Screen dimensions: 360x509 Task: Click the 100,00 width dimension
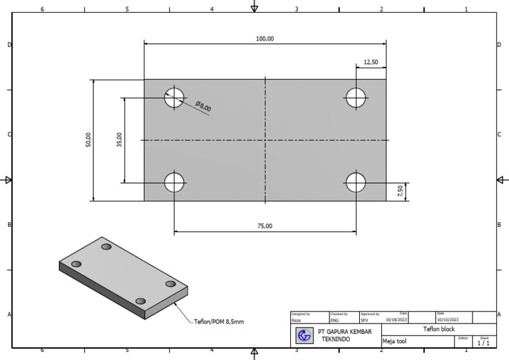[264, 39]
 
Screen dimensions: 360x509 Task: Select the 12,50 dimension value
[370, 62]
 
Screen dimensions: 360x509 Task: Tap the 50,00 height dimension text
[88, 140]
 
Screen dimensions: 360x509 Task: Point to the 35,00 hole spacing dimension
[119, 140]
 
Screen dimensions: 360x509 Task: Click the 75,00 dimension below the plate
[264, 226]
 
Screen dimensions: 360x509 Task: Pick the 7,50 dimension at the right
[400, 192]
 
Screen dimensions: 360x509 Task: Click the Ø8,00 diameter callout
[203, 106]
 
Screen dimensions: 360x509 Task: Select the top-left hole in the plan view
[174, 97]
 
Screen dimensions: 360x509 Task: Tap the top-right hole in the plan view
[356, 97]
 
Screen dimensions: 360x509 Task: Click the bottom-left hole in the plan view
[174, 182]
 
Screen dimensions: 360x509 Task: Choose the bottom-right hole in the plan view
[356, 182]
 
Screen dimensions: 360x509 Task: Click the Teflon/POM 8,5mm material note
[219, 322]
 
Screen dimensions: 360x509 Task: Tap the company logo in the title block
[304, 335]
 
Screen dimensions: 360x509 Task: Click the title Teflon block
[439, 329]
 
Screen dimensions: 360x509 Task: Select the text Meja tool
[394, 342]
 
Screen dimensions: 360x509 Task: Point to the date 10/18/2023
[396, 320]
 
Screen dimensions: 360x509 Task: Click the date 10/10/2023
[447, 320]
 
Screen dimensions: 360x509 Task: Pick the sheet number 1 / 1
[483, 343]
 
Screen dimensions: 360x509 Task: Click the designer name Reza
[296, 320]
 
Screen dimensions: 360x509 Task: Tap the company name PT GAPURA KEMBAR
[344, 331]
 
